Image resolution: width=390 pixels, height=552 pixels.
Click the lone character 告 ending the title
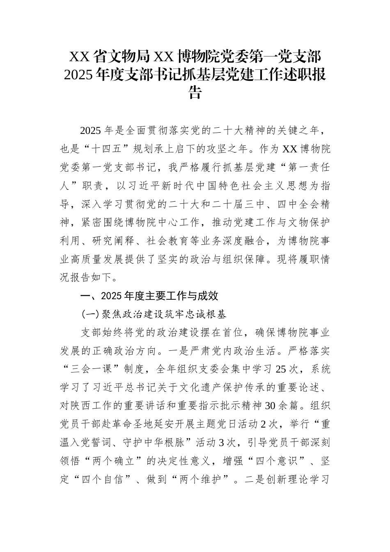195,93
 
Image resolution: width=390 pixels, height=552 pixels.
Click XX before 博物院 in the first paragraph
290,149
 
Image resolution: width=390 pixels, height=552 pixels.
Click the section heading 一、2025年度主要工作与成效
149,296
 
